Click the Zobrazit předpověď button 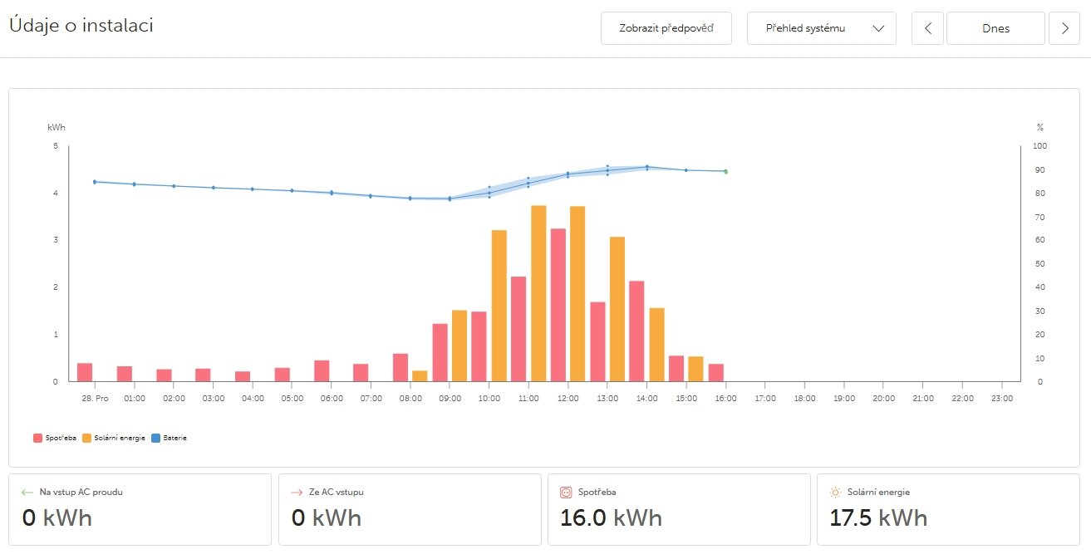coord(666,28)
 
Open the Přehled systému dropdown coord(821,28)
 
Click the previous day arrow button coord(928,28)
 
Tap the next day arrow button coord(1064,28)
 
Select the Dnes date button coord(995,28)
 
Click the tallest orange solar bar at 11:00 coord(538,293)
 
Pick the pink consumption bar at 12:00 coord(558,305)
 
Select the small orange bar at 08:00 coord(420,376)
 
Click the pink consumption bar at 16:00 coord(716,373)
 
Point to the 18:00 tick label coord(804,399)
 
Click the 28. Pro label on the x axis coord(96,399)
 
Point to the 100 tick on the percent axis coord(1040,146)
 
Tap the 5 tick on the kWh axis coord(56,146)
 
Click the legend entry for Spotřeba coord(54,438)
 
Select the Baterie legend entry coord(170,438)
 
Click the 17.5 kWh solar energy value coord(878,517)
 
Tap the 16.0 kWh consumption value coord(611,517)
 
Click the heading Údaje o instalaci coord(81,25)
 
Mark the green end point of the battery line coord(725,172)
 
